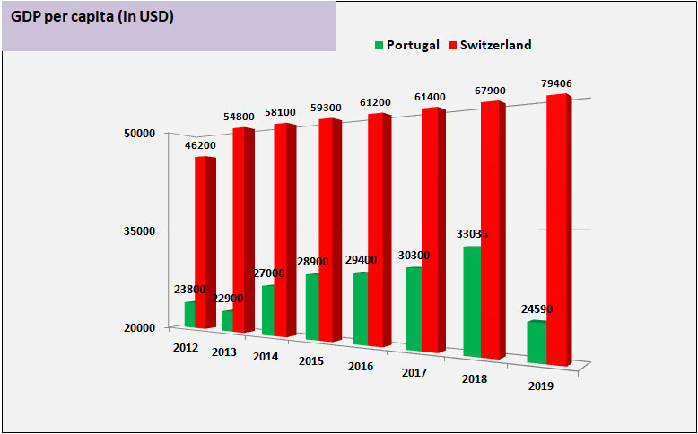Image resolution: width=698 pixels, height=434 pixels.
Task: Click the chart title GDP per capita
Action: [92, 17]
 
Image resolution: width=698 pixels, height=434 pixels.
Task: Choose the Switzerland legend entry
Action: [496, 45]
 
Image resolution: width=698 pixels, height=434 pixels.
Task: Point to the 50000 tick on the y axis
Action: [140, 134]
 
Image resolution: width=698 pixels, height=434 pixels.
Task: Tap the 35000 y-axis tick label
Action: [140, 230]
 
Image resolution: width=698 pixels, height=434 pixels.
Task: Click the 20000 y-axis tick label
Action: [140, 328]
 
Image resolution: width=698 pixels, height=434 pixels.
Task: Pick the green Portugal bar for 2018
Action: [472, 300]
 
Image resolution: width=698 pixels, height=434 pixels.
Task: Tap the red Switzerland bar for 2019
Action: [556, 230]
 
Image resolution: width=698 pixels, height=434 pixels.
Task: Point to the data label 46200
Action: [199, 145]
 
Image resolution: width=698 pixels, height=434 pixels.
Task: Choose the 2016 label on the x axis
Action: [360, 366]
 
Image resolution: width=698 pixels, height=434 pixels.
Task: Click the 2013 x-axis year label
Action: [224, 352]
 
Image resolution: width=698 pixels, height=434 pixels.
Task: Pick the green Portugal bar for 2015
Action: [312, 307]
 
